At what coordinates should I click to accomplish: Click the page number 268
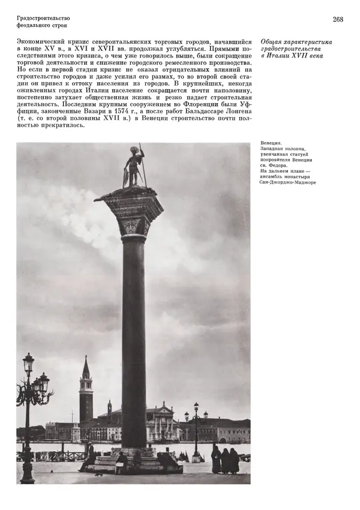[338, 20]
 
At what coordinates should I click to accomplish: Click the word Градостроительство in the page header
[44, 18]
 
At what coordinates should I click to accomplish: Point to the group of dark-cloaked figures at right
[224, 460]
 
